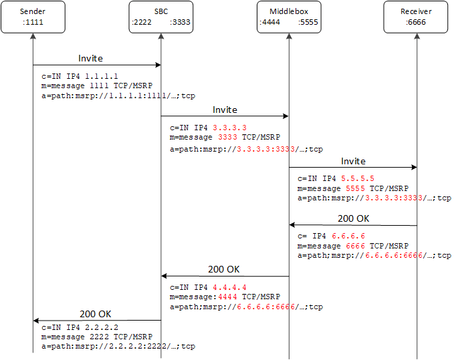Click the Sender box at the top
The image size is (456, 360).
32,17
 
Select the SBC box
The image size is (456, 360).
160,17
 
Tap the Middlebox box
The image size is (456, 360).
288,17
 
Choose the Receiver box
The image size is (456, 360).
416,17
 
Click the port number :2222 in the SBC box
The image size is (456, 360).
143,22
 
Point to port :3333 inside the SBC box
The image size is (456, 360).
180,22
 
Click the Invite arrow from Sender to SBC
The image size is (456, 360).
96,65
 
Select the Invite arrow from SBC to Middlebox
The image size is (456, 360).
225,116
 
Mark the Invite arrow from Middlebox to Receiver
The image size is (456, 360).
352,168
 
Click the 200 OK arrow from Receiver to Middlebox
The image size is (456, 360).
352,225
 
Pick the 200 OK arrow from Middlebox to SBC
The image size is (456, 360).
225,276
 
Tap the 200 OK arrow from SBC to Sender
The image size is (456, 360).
96,321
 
